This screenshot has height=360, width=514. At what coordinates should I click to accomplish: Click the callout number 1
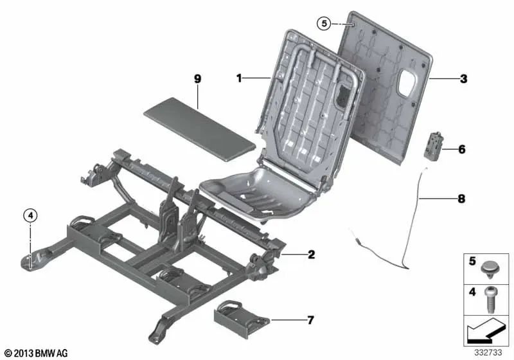238,78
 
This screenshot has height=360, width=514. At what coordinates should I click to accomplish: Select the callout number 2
311,255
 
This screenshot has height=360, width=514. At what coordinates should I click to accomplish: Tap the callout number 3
463,80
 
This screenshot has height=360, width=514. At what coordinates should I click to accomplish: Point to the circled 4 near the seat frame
30,216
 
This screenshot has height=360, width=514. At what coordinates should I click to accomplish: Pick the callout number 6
461,149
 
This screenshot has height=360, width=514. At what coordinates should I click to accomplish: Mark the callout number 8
461,200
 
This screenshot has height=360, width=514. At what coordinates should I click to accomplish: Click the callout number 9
198,78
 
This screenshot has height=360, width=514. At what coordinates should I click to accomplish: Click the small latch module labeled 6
434,148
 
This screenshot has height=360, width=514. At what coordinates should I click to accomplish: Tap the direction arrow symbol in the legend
485,330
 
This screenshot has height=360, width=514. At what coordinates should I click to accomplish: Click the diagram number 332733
490,353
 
